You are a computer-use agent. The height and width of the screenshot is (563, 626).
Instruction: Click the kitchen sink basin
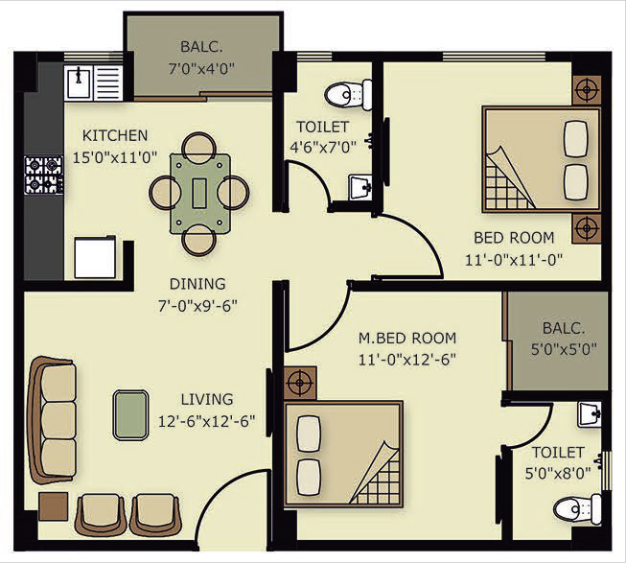point(79,82)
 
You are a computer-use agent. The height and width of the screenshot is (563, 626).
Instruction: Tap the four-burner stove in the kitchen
point(43,176)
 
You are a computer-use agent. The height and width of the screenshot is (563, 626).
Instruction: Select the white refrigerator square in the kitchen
point(95,258)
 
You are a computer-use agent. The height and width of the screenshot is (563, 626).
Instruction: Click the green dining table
point(199,194)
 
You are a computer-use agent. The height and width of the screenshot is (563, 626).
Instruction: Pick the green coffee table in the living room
point(131,415)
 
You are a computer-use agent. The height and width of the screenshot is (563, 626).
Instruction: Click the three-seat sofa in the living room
point(53,421)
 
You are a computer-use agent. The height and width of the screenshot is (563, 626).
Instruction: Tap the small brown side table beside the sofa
point(54,506)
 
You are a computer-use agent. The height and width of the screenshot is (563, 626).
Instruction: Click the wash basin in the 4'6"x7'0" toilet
point(360,187)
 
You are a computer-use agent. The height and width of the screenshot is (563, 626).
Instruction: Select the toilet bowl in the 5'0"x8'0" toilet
point(577,509)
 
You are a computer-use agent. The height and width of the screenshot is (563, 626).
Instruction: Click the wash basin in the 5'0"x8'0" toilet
point(590,415)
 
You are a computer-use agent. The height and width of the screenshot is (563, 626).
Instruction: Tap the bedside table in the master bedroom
point(300,383)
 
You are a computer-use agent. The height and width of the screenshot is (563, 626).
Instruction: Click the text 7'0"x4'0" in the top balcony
point(200,69)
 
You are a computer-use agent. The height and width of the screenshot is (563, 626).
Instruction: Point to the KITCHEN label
point(115,136)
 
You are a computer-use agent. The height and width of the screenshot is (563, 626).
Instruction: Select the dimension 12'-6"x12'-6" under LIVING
point(207,422)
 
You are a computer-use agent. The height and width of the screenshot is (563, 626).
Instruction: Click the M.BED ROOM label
point(407,339)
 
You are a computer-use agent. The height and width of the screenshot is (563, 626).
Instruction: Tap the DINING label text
point(197,284)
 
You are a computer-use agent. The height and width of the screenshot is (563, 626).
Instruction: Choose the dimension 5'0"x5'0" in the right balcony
point(564,349)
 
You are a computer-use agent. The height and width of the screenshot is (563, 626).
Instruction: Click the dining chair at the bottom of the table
point(199,240)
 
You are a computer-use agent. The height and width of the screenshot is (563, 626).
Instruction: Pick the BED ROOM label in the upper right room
point(514,238)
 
